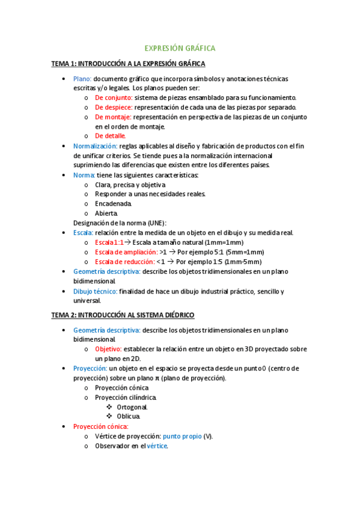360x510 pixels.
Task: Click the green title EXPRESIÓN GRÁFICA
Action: pyautogui.click(x=180, y=48)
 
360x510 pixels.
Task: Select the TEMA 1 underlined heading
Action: pyautogui.click(x=128, y=63)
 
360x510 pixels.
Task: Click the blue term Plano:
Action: pyautogui.click(x=82, y=78)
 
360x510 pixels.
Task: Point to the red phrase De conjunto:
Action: pyautogui.click(x=114, y=97)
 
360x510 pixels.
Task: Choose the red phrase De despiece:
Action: pyautogui.click(x=114, y=107)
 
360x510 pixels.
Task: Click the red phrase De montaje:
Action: pyautogui.click(x=113, y=117)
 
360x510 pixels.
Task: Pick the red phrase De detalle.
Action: pyautogui.click(x=111, y=136)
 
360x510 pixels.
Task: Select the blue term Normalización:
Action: pyautogui.click(x=95, y=146)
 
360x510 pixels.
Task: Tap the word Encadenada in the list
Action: pyautogui.click(x=113, y=203)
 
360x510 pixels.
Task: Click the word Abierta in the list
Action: pyautogui.click(x=106, y=213)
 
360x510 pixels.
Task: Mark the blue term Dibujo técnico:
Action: pyautogui.click(x=95, y=291)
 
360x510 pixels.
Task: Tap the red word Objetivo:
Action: pyautogui.click(x=108, y=349)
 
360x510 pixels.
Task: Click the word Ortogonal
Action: pyautogui.click(x=132, y=407)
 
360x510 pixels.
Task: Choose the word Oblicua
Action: pyautogui.click(x=129, y=416)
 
